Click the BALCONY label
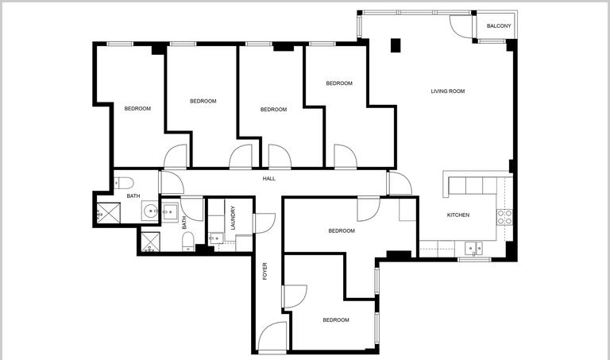[499, 26]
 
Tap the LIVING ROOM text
[447, 91]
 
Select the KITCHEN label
[457, 215]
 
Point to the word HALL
[269, 179]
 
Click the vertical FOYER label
[264, 271]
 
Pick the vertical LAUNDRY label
[233, 218]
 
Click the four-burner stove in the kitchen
[504, 216]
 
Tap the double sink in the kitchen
[474, 248]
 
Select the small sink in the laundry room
[214, 238]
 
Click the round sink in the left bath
[150, 210]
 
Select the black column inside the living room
[395, 45]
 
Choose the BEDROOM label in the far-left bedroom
[137, 109]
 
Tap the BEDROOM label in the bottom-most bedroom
[335, 319]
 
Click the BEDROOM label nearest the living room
[339, 83]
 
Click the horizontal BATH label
[133, 196]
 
